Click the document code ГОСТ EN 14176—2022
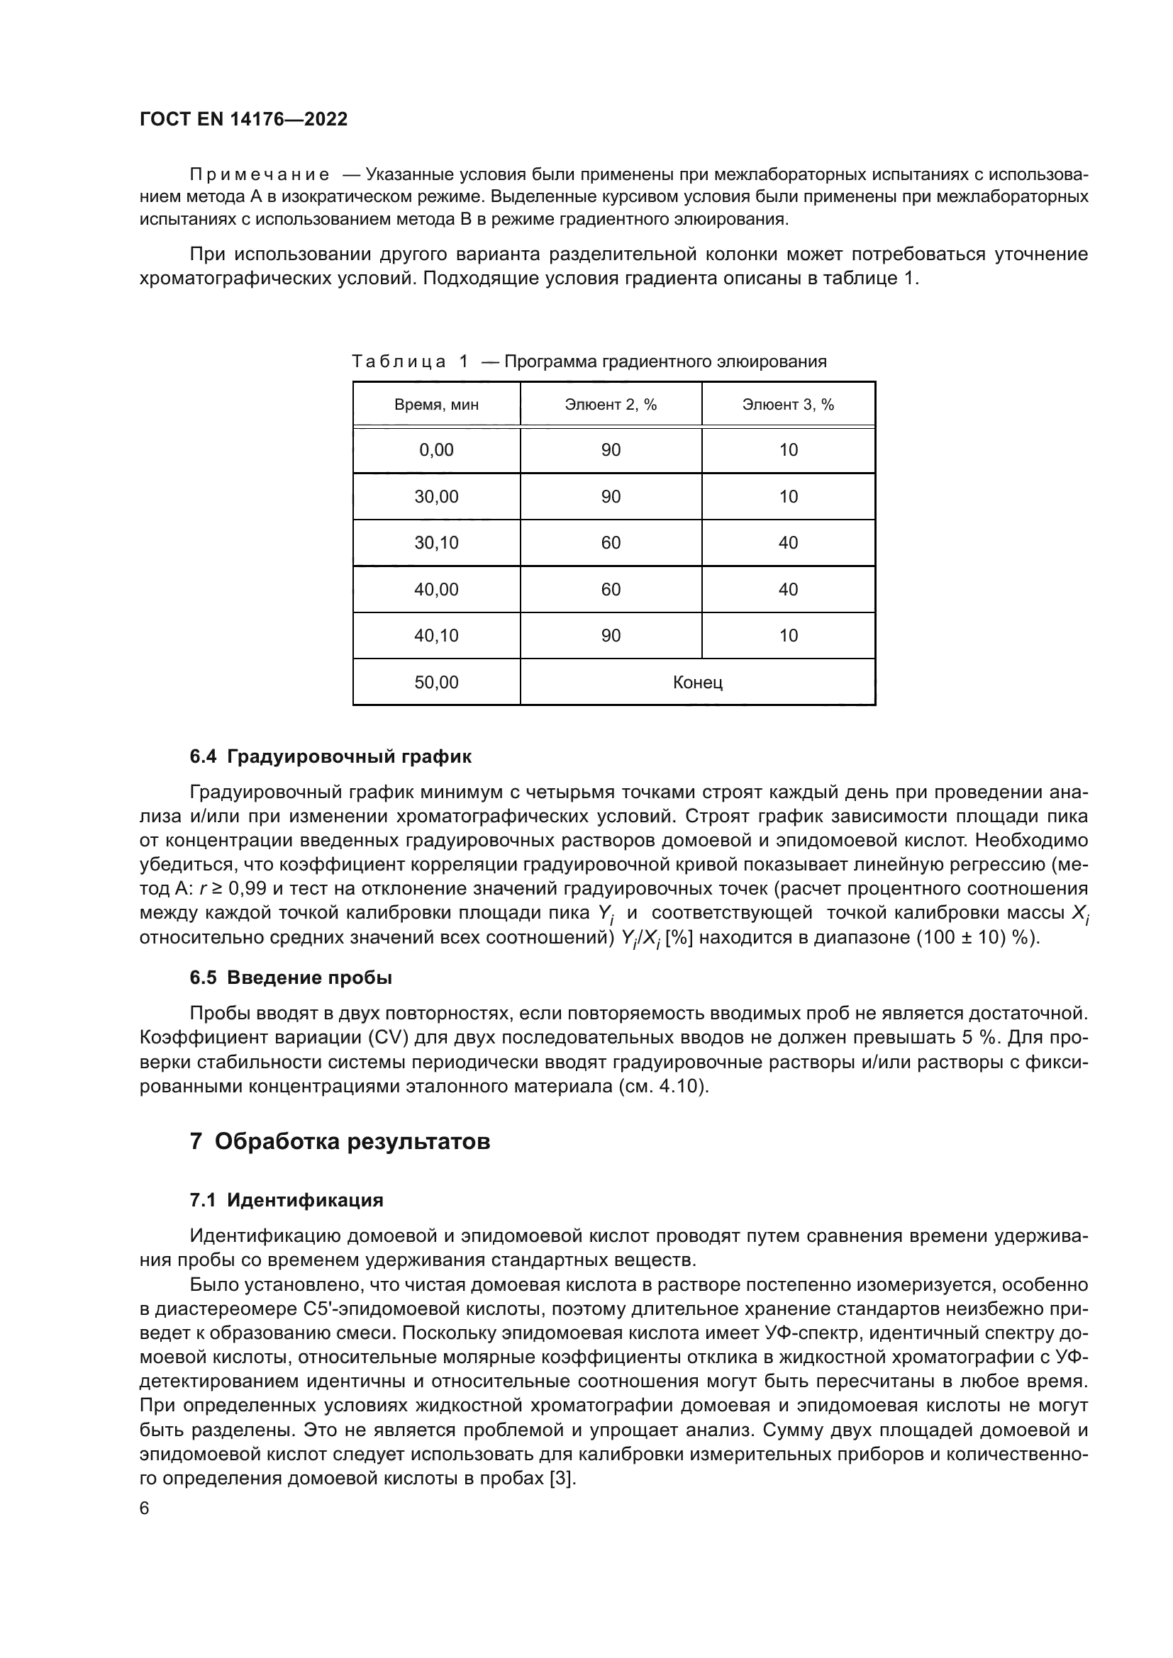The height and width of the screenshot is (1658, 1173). tap(243, 119)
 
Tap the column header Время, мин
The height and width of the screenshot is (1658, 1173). tap(436, 404)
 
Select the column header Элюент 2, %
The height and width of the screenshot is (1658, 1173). tap(611, 404)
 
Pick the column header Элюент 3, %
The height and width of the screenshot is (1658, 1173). tap(788, 404)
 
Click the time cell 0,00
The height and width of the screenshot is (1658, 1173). tap(436, 450)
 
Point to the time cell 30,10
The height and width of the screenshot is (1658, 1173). tap(436, 543)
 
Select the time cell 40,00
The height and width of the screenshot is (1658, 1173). tap(436, 589)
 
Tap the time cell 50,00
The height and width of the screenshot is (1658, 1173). tap(436, 683)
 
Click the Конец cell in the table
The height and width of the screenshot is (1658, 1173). tap(697, 683)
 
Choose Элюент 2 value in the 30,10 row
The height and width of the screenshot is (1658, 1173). tap(611, 543)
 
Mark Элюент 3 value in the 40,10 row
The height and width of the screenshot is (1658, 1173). tap(788, 635)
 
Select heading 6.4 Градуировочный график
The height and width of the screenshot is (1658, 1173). tap(330, 757)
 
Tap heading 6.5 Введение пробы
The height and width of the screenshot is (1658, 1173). tap(290, 978)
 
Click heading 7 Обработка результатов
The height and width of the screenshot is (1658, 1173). tap(340, 1142)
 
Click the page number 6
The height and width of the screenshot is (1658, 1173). tap(145, 1508)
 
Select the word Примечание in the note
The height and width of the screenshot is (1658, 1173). tap(260, 175)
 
